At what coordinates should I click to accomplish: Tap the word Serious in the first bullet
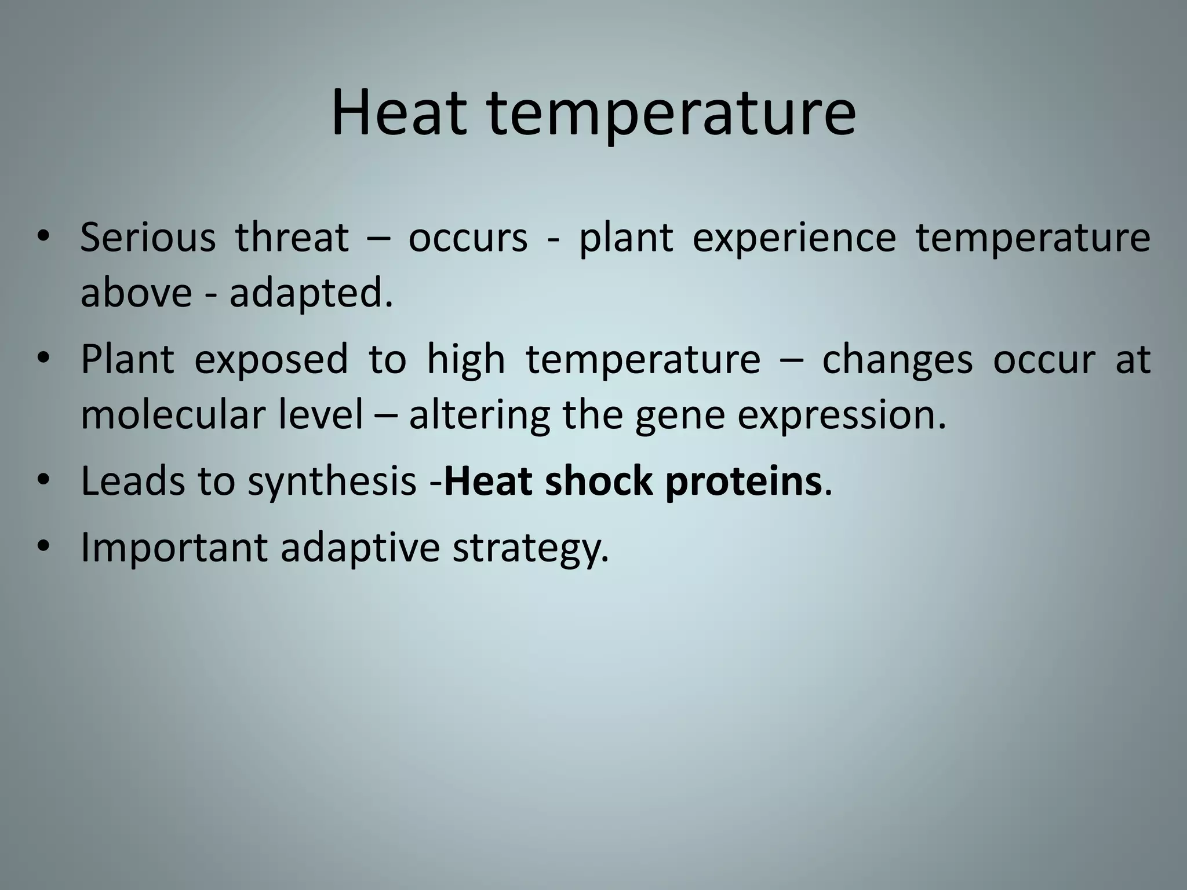[x=147, y=238]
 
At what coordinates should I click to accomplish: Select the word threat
[x=292, y=238]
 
